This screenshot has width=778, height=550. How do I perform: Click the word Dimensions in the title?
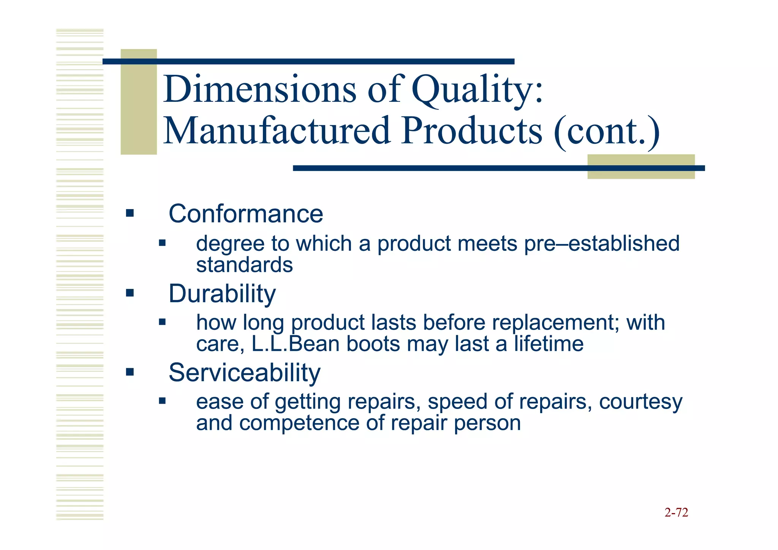pyautogui.click(x=260, y=90)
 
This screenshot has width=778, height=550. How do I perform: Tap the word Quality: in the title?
pyautogui.click(x=478, y=90)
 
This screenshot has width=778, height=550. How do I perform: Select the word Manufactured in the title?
pyautogui.click(x=277, y=131)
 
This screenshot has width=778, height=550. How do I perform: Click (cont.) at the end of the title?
pyautogui.click(x=607, y=131)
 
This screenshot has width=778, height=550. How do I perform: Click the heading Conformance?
pyautogui.click(x=246, y=214)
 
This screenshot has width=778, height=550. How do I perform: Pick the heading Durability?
pyautogui.click(x=222, y=294)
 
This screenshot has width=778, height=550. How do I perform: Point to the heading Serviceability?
pyautogui.click(x=244, y=372)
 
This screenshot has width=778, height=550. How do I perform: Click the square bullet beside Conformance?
pyautogui.click(x=130, y=213)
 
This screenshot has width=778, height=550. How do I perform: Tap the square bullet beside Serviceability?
pyautogui.click(x=130, y=372)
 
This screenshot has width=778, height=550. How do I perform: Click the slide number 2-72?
pyautogui.click(x=676, y=513)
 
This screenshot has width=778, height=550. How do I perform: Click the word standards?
pyautogui.click(x=244, y=265)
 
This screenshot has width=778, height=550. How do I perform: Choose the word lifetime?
pyautogui.click(x=549, y=344)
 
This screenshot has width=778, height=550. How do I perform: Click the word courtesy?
pyautogui.click(x=640, y=402)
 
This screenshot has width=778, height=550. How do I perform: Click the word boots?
pyautogui.click(x=373, y=344)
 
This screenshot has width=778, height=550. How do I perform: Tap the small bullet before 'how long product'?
pyautogui.click(x=162, y=322)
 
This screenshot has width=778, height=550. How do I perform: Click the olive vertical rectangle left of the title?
pyautogui.click(x=139, y=102)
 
